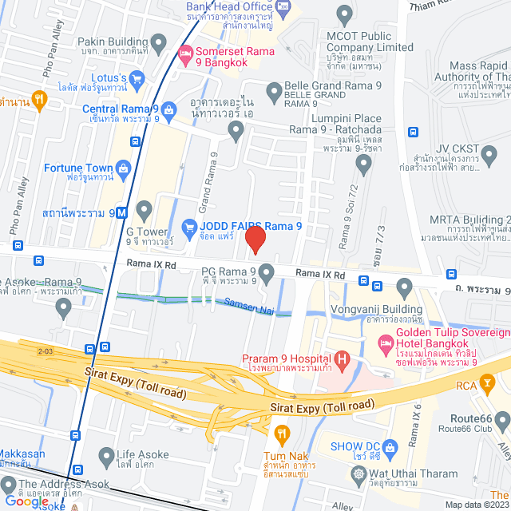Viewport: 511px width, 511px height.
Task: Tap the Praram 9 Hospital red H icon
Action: pos(343,360)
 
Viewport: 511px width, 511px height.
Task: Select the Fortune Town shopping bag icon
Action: pos(124,168)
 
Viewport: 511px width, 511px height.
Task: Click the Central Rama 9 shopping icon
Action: pos(168,109)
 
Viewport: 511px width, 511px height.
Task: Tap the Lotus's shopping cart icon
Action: pos(137,78)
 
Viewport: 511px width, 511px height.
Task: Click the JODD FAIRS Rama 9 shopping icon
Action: pos(189,228)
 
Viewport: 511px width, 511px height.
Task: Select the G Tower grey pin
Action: pos(144,211)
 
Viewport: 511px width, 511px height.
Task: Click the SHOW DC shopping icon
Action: pos(389,445)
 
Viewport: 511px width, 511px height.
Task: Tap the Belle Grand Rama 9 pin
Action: pos(274,89)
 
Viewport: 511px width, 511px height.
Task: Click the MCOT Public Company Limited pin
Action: pos(344,14)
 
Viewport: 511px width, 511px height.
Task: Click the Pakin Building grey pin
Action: pos(158,42)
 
